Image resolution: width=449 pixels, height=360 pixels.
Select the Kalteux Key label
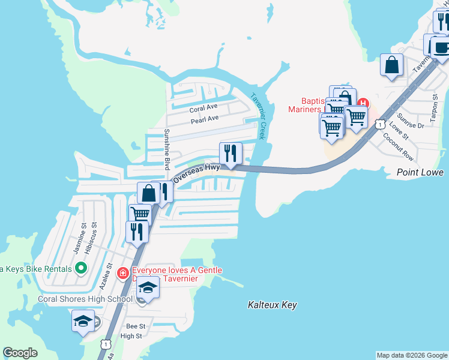coord(273,305)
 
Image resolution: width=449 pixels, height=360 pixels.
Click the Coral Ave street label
coord(203,108)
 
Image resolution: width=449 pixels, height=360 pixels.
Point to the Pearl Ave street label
coord(205,119)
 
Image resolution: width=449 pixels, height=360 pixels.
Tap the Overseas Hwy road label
coord(196,173)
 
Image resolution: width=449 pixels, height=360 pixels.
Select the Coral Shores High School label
coord(85,299)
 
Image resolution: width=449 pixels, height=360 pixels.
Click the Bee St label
coord(136,326)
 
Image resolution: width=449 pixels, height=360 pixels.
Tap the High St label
coord(131,336)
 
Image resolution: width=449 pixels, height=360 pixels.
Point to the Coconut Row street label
coord(399,147)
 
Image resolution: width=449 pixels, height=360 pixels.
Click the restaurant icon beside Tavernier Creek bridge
coord(231,154)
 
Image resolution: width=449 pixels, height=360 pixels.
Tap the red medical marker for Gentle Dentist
coord(122,273)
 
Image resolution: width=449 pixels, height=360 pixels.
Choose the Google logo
coord(20,353)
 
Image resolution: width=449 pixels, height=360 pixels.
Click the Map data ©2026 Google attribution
coord(412,355)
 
